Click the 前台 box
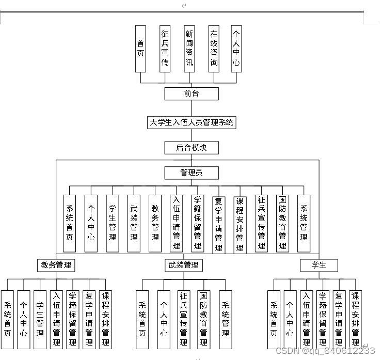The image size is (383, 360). click(191, 93)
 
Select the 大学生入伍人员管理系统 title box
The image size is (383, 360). click(191, 122)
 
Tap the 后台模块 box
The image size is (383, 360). click(191, 148)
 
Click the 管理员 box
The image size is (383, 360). click(191, 173)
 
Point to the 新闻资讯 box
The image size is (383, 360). click(189, 49)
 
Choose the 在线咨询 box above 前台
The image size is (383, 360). click(214, 49)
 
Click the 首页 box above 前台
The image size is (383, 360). click(140, 49)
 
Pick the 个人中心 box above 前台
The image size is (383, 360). click(236, 49)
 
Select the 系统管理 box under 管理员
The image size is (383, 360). click(304, 223)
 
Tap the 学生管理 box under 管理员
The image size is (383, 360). click(112, 223)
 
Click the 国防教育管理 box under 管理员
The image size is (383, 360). click(282, 223)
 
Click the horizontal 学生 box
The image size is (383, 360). click(320, 265)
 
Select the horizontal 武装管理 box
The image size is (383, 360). click(184, 265)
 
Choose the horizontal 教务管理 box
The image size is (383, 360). click(56, 265)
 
